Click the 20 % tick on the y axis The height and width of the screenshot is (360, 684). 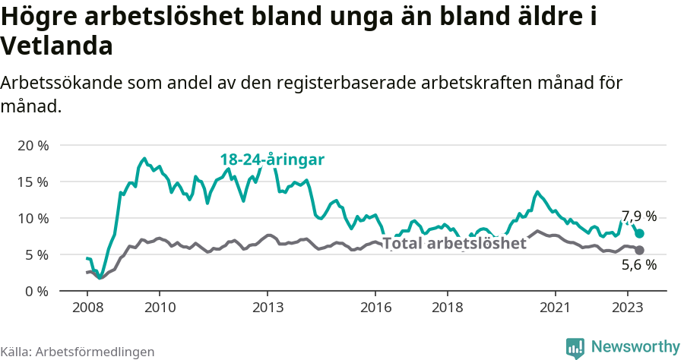click(x=32, y=145)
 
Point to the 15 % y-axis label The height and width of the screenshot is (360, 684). click(x=32, y=182)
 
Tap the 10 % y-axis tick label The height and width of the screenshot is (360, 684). click(x=32, y=218)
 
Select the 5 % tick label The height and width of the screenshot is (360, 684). click(x=36, y=254)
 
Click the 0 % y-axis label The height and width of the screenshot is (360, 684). click(x=36, y=291)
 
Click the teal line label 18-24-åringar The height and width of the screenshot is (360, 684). click(x=272, y=159)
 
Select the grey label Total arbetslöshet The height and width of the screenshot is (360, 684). click(x=454, y=244)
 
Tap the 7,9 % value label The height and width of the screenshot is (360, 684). click(x=638, y=216)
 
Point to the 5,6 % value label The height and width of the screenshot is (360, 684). click(x=638, y=265)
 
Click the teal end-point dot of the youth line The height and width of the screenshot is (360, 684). click(x=639, y=234)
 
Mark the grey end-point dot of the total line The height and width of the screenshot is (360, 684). click(x=639, y=251)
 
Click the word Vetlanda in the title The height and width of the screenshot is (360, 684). click(x=57, y=46)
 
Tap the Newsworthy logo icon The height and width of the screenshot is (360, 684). click(x=575, y=347)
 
